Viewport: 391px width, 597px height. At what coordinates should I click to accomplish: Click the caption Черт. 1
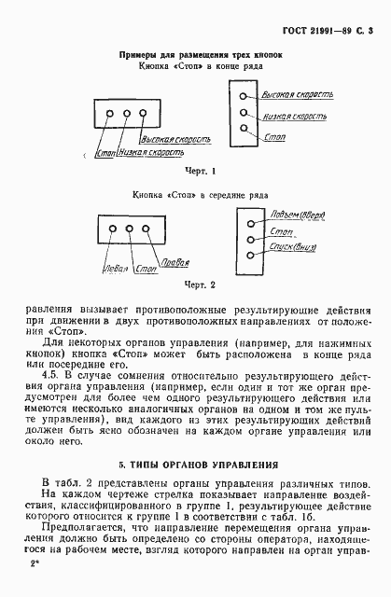199,171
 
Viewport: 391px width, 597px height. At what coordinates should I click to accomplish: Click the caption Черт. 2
199,284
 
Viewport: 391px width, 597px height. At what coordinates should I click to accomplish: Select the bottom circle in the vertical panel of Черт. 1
244,129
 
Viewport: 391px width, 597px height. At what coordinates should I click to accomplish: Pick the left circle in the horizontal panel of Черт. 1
111,115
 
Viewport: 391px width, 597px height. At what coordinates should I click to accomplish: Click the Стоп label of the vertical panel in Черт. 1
275,136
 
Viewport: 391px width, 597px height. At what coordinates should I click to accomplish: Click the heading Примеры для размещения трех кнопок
195,55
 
